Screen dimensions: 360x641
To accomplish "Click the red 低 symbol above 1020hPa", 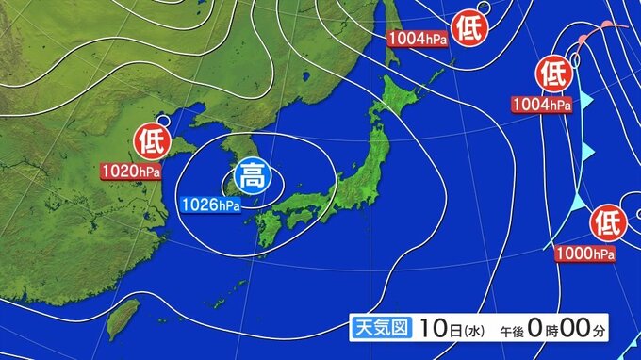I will pos(152,142).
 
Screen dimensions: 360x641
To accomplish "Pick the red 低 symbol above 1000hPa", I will pos(608,224).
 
